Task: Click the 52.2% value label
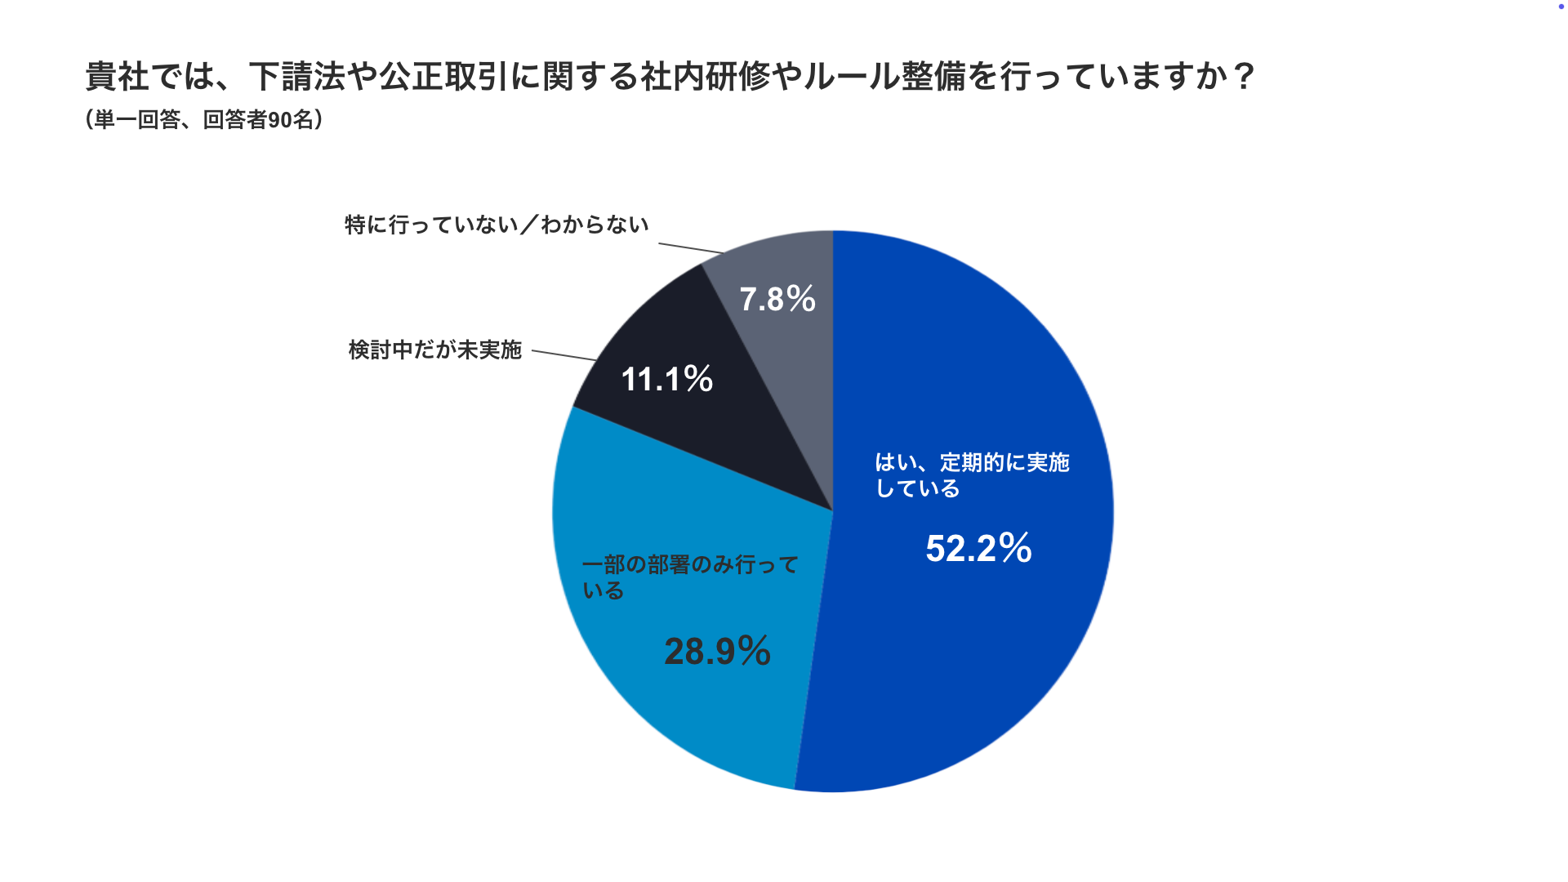pyautogui.click(x=978, y=548)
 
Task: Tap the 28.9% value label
pyautogui.click(x=717, y=651)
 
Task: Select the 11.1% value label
pyautogui.click(x=666, y=379)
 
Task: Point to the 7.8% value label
pyautogui.click(x=777, y=299)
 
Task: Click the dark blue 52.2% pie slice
pyautogui.click(x=980, y=653)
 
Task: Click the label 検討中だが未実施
pyautogui.click(x=434, y=350)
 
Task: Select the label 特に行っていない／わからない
pyautogui.click(x=497, y=225)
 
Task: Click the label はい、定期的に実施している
pyautogui.click(x=972, y=474)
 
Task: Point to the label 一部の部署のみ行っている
pyautogui.click(x=690, y=577)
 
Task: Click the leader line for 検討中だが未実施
pyautogui.click(x=564, y=355)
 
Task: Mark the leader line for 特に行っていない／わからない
pyautogui.click(x=691, y=248)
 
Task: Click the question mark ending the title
pyautogui.click(x=1244, y=77)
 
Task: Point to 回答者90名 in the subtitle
pyautogui.click(x=257, y=120)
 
